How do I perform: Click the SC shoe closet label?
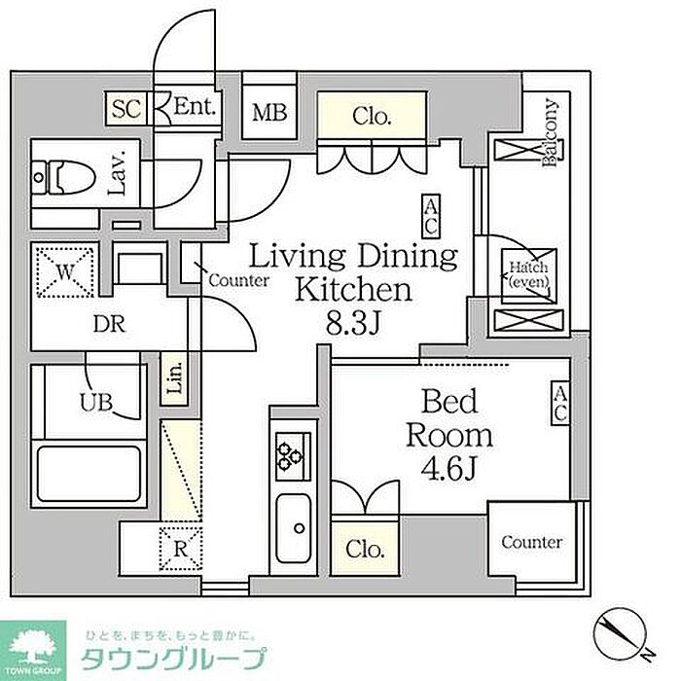tap(126, 108)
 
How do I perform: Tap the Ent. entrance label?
tap(195, 106)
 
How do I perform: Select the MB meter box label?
tap(269, 113)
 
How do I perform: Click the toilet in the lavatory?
tap(64, 177)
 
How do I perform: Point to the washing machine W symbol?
tap(65, 272)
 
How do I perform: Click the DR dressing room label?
tap(109, 324)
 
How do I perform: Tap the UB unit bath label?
tap(96, 402)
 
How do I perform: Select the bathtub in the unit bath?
tap(90, 474)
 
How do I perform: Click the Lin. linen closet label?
tap(174, 378)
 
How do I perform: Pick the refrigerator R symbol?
tap(180, 549)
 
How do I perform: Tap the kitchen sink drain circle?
tap(300, 528)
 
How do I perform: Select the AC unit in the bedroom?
tap(560, 403)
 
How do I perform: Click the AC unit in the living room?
tap(431, 216)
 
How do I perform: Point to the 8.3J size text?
tap(353, 323)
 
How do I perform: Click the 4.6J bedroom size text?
tap(449, 468)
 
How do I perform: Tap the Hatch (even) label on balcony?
tap(528, 274)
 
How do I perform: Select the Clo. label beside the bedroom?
tap(365, 549)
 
